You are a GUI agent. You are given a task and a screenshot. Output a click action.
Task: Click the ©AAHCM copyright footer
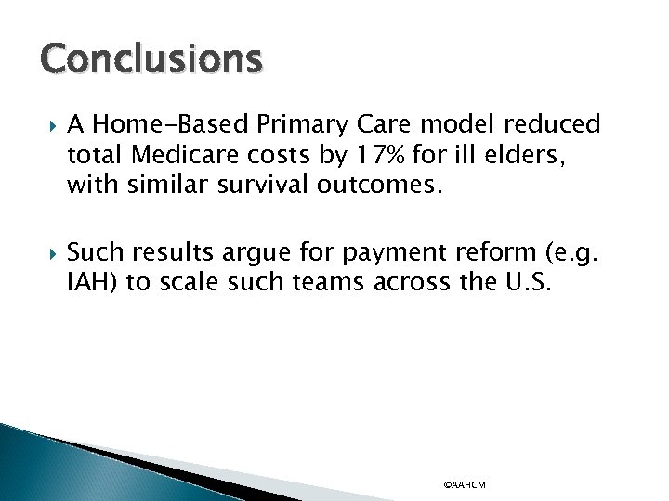coord(465,485)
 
